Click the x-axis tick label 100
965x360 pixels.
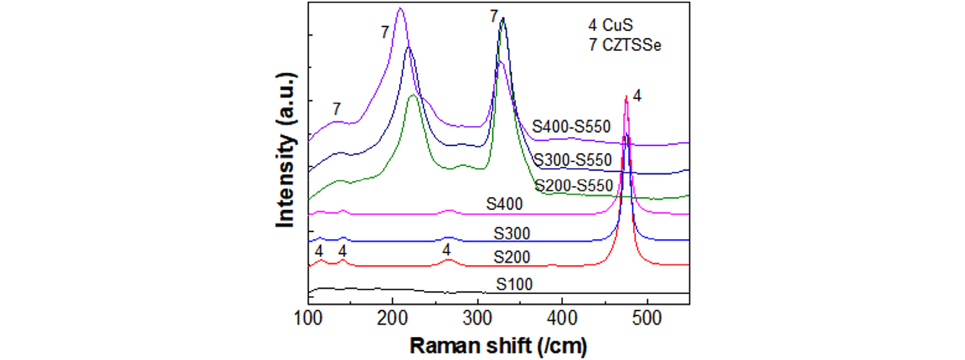(308, 318)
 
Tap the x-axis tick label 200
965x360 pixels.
(392, 318)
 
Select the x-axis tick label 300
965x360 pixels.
(477, 318)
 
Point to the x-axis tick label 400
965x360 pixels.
(562, 318)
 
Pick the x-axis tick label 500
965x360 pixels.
(647, 318)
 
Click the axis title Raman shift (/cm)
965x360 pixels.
(498, 346)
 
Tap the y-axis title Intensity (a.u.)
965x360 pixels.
(286, 150)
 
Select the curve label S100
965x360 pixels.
(514, 284)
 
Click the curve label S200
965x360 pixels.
(512, 257)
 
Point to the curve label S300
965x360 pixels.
(512, 234)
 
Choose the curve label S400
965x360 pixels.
(504, 204)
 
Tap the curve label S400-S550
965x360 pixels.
(571, 127)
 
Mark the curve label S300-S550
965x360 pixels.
(572, 160)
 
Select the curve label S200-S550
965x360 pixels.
(574, 186)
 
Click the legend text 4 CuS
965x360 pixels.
(610, 25)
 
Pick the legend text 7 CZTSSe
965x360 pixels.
(625, 45)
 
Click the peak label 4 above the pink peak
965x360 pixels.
(637, 96)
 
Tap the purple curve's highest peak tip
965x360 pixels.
(400, 8)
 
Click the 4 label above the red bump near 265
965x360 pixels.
(447, 250)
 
